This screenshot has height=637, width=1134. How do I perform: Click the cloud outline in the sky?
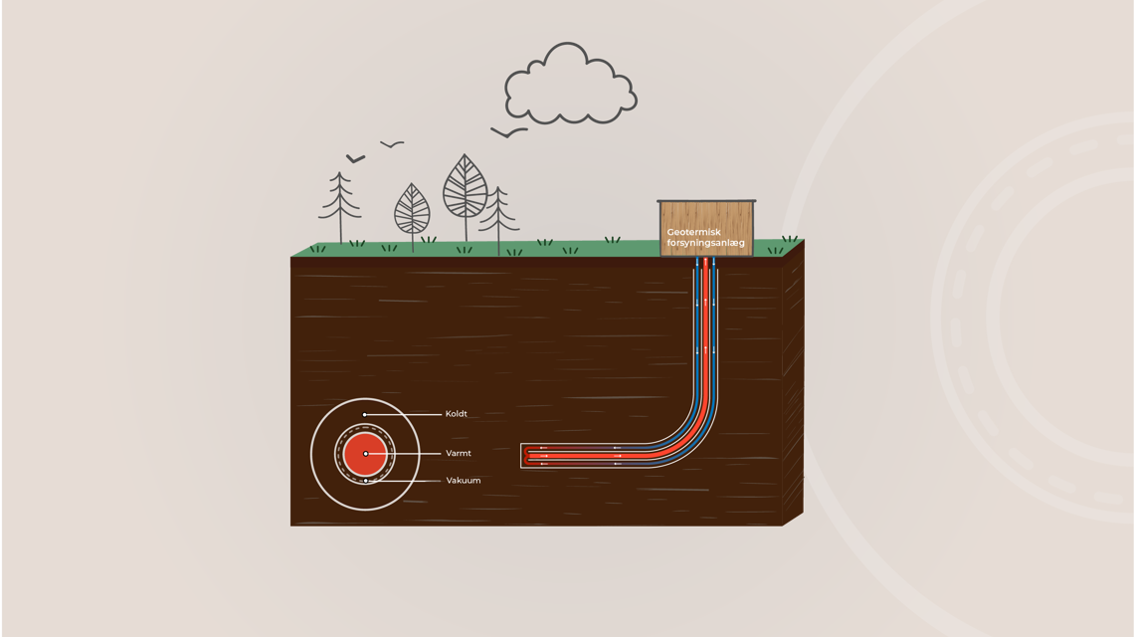pyautogui.click(x=569, y=87)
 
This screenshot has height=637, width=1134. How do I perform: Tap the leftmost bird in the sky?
pyautogui.click(x=355, y=158)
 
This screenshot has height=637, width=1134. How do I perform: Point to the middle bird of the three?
pyautogui.click(x=393, y=145)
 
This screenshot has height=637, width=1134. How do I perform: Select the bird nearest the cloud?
pyautogui.click(x=508, y=131)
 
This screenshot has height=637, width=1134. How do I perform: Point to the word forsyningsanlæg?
pyautogui.click(x=705, y=242)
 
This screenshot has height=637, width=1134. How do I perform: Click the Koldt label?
pyautogui.click(x=456, y=414)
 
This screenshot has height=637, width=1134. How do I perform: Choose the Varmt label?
pyautogui.click(x=458, y=454)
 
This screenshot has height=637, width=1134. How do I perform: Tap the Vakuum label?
pyautogui.click(x=463, y=481)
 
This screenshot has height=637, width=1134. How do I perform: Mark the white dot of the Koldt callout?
pyautogui.click(x=365, y=414)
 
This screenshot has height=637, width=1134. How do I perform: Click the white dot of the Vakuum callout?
pyautogui.click(x=365, y=481)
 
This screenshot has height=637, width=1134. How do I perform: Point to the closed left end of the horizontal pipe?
pyautogui.click(x=525, y=455)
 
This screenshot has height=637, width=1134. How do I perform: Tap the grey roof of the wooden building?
pyautogui.click(x=706, y=201)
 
